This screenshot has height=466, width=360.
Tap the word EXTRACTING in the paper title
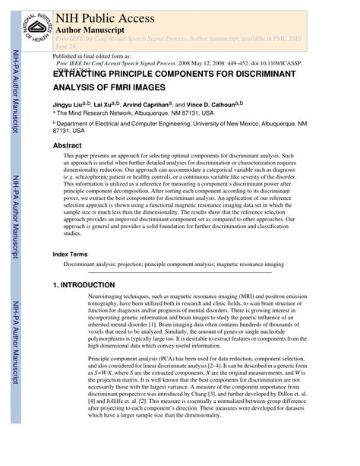click(84, 75)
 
